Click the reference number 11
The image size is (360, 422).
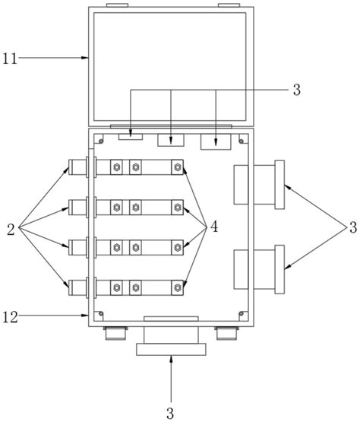(x=10, y=58)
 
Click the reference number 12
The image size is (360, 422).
(x=10, y=317)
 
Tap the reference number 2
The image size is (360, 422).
(x=11, y=230)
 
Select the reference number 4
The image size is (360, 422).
(x=214, y=227)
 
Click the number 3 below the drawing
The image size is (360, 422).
(x=170, y=413)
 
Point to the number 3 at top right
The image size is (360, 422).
(x=297, y=90)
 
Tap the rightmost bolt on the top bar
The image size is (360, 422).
(x=177, y=167)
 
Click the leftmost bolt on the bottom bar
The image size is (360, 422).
(x=116, y=287)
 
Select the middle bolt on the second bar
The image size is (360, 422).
(x=135, y=208)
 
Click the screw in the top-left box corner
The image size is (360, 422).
(x=101, y=141)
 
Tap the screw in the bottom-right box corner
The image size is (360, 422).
(x=242, y=313)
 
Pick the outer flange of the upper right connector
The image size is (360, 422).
(x=279, y=185)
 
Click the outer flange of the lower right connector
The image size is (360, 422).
(x=279, y=269)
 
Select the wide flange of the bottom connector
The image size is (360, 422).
(x=171, y=349)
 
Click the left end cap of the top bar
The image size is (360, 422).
(x=70, y=167)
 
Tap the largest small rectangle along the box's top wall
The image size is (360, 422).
(x=216, y=142)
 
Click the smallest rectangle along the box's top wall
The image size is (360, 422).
(x=131, y=137)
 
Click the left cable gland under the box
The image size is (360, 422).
(x=115, y=333)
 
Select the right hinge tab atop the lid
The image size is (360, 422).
(x=229, y=5)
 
